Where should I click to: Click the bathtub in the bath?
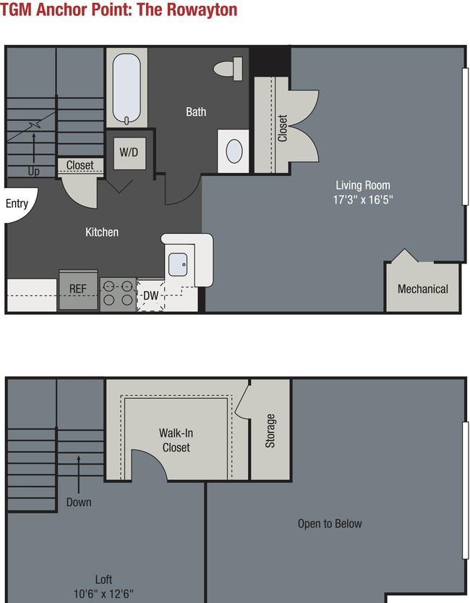127,88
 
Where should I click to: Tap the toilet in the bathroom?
228,69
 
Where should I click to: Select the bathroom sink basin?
234,151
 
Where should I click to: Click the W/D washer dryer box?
129,153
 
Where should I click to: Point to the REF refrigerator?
78,290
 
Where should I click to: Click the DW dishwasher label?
150,295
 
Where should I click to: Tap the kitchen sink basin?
178,265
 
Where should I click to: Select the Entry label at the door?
17,203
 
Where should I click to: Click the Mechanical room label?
423,289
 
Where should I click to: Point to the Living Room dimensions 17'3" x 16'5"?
363,200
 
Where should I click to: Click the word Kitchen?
102,232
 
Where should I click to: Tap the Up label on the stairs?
33,172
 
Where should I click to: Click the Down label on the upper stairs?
79,502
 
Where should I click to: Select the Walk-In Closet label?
176,440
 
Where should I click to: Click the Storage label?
270,431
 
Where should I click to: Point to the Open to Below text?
330,523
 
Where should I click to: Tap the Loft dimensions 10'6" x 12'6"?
103,594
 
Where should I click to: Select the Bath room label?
196,111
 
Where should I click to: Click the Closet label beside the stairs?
80,165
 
